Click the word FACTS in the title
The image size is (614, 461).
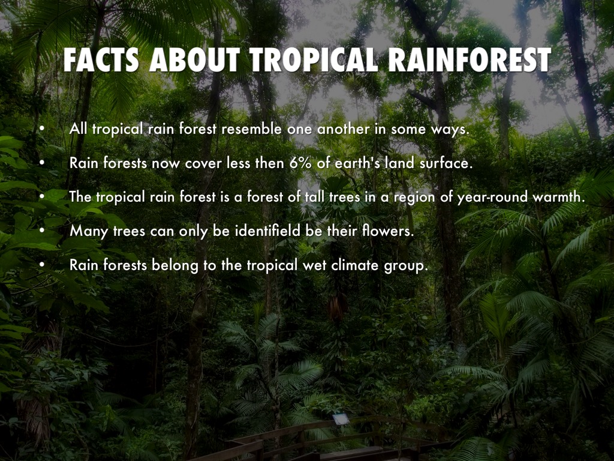coord(101,60)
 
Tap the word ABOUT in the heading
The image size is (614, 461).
coord(194,60)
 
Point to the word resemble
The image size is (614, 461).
coord(251,129)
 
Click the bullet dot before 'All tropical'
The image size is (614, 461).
coord(42,129)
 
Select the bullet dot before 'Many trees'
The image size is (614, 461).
coord(42,231)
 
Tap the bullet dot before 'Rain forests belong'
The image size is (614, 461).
coord(42,265)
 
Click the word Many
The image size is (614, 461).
coord(89,232)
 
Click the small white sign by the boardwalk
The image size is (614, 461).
coord(341,420)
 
